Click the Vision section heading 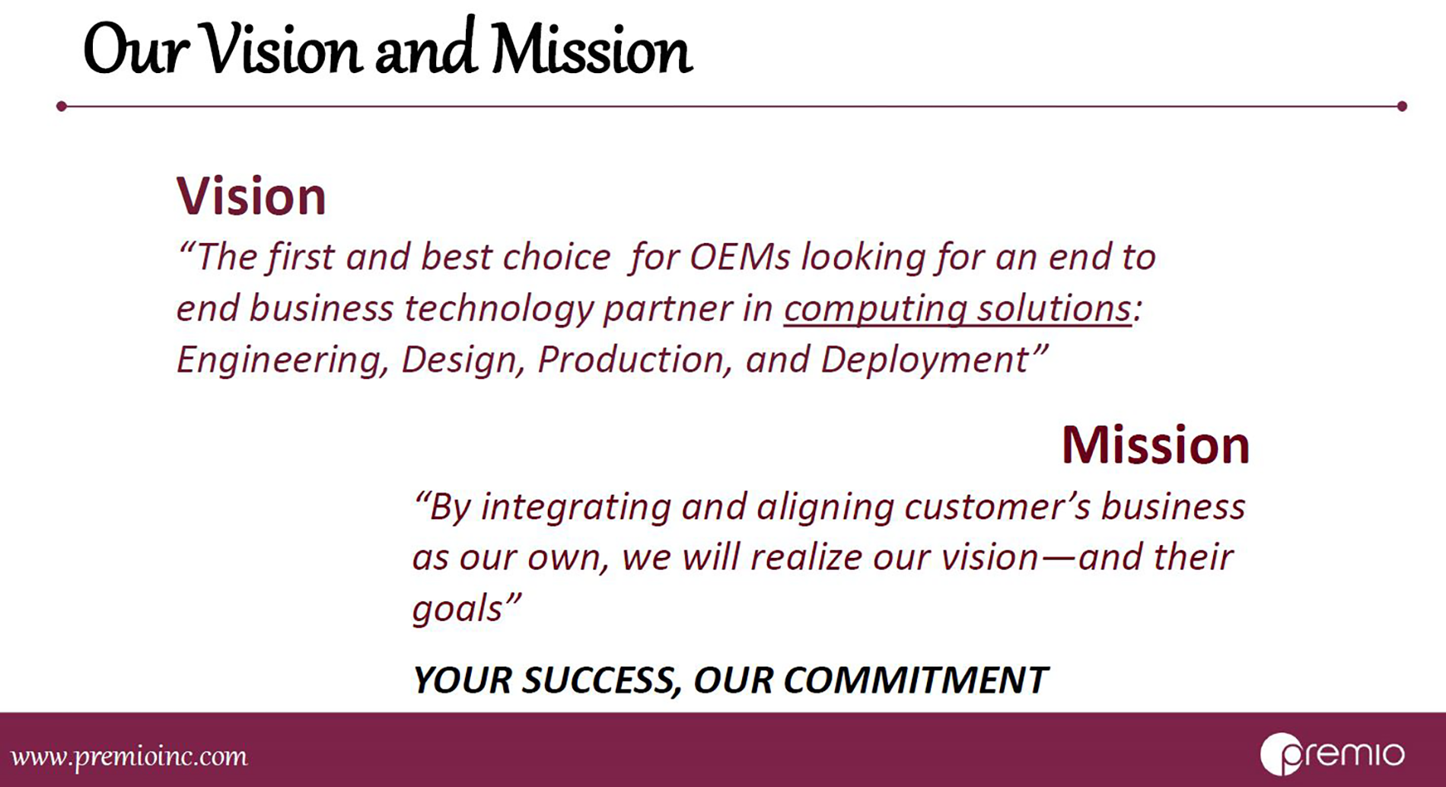pyautogui.click(x=251, y=196)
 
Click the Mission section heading pyautogui.click(x=1155, y=444)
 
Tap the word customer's pyautogui.click(x=997, y=507)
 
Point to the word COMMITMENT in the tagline pyautogui.click(x=916, y=680)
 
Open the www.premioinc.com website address pyautogui.click(x=129, y=757)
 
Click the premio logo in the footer pyautogui.click(x=1332, y=754)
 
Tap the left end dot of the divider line pyautogui.click(x=62, y=107)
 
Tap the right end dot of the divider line pyautogui.click(x=1402, y=107)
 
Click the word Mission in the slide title pyautogui.click(x=591, y=50)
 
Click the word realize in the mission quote pyautogui.click(x=805, y=558)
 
